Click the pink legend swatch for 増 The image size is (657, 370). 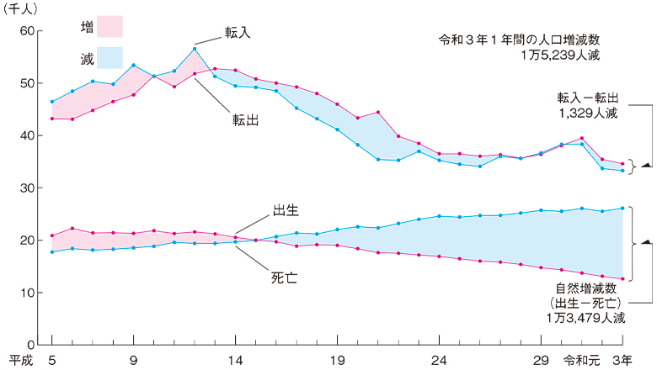[109, 27]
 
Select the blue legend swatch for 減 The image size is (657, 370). [109, 57]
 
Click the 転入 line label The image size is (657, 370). [238, 32]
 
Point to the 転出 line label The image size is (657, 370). [245, 119]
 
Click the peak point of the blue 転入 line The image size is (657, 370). [195, 49]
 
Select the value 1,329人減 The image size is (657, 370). [591, 111]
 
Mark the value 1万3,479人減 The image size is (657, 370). [586, 318]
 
